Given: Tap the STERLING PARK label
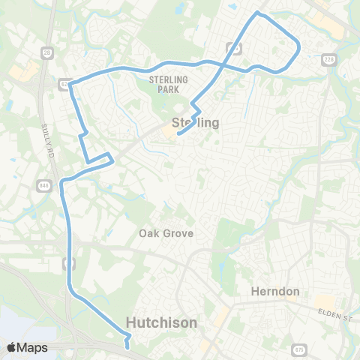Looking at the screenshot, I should (x=167, y=85).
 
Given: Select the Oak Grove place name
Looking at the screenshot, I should (x=166, y=233).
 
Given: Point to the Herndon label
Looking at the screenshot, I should (x=275, y=292).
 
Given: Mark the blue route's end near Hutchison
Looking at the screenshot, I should (x=128, y=347).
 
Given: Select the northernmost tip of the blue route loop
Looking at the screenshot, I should (x=258, y=13).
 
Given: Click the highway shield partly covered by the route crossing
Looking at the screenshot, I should (x=235, y=48).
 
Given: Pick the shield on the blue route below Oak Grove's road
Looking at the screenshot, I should (x=70, y=262).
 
